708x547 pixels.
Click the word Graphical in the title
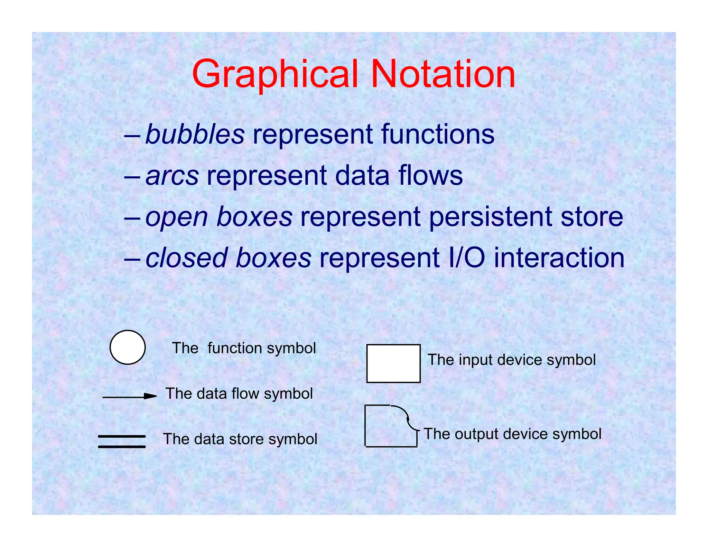275,74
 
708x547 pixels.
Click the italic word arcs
172,175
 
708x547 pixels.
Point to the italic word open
176,217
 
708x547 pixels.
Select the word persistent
491,217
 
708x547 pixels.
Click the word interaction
559,258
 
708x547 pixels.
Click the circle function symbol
128,347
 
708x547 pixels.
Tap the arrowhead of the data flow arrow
150,396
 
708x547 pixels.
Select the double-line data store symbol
122,442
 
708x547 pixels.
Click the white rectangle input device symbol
393,363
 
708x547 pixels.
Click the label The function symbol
244,348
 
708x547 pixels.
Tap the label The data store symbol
240,439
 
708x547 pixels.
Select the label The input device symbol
512,360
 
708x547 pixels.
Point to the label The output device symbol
512,434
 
